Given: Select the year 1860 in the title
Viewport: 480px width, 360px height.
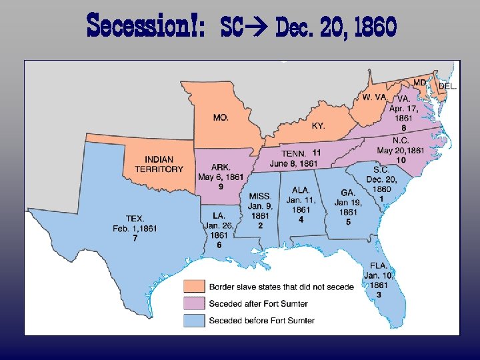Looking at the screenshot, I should (x=375, y=28).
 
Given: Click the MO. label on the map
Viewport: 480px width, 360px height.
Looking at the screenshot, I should (x=221, y=117).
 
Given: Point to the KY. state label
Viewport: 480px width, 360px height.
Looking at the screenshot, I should (x=319, y=125).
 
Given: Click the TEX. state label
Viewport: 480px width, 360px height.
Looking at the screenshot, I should (x=135, y=219).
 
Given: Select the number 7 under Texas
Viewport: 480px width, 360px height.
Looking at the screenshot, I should (x=135, y=238).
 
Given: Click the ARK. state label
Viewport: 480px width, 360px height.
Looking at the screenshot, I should (x=221, y=167).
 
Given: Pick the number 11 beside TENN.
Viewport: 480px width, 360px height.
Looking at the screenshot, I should (x=317, y=153).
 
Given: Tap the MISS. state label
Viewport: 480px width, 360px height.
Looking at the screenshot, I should (x=260, y=196).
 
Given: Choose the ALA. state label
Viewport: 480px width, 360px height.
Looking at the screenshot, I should (x=301, y=190).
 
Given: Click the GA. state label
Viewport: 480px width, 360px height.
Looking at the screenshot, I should (x=348, y=193).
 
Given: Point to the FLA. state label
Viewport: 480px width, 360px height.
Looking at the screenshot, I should (x=379, y=265).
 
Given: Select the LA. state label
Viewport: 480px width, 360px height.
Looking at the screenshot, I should (x=219, y=215).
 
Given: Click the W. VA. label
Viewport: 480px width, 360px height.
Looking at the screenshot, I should (x=374, y=97).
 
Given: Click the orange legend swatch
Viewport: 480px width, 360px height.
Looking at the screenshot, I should (x=195, y=287).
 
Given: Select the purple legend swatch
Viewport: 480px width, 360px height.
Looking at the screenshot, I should (x=195, y=304).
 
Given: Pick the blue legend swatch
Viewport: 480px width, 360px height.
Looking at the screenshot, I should (x=195, y=321).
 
